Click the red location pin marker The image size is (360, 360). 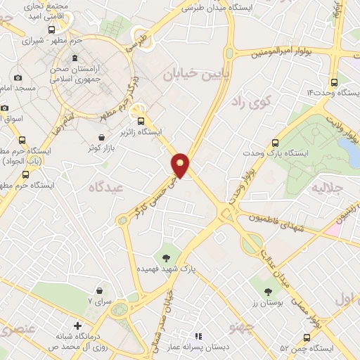pos(181,164)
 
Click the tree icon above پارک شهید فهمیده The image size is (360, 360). pos(167,257)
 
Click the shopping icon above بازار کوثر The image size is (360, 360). pos(103,137)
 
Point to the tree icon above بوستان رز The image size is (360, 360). pos(267,291)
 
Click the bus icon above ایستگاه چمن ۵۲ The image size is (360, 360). pos(306,337)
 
